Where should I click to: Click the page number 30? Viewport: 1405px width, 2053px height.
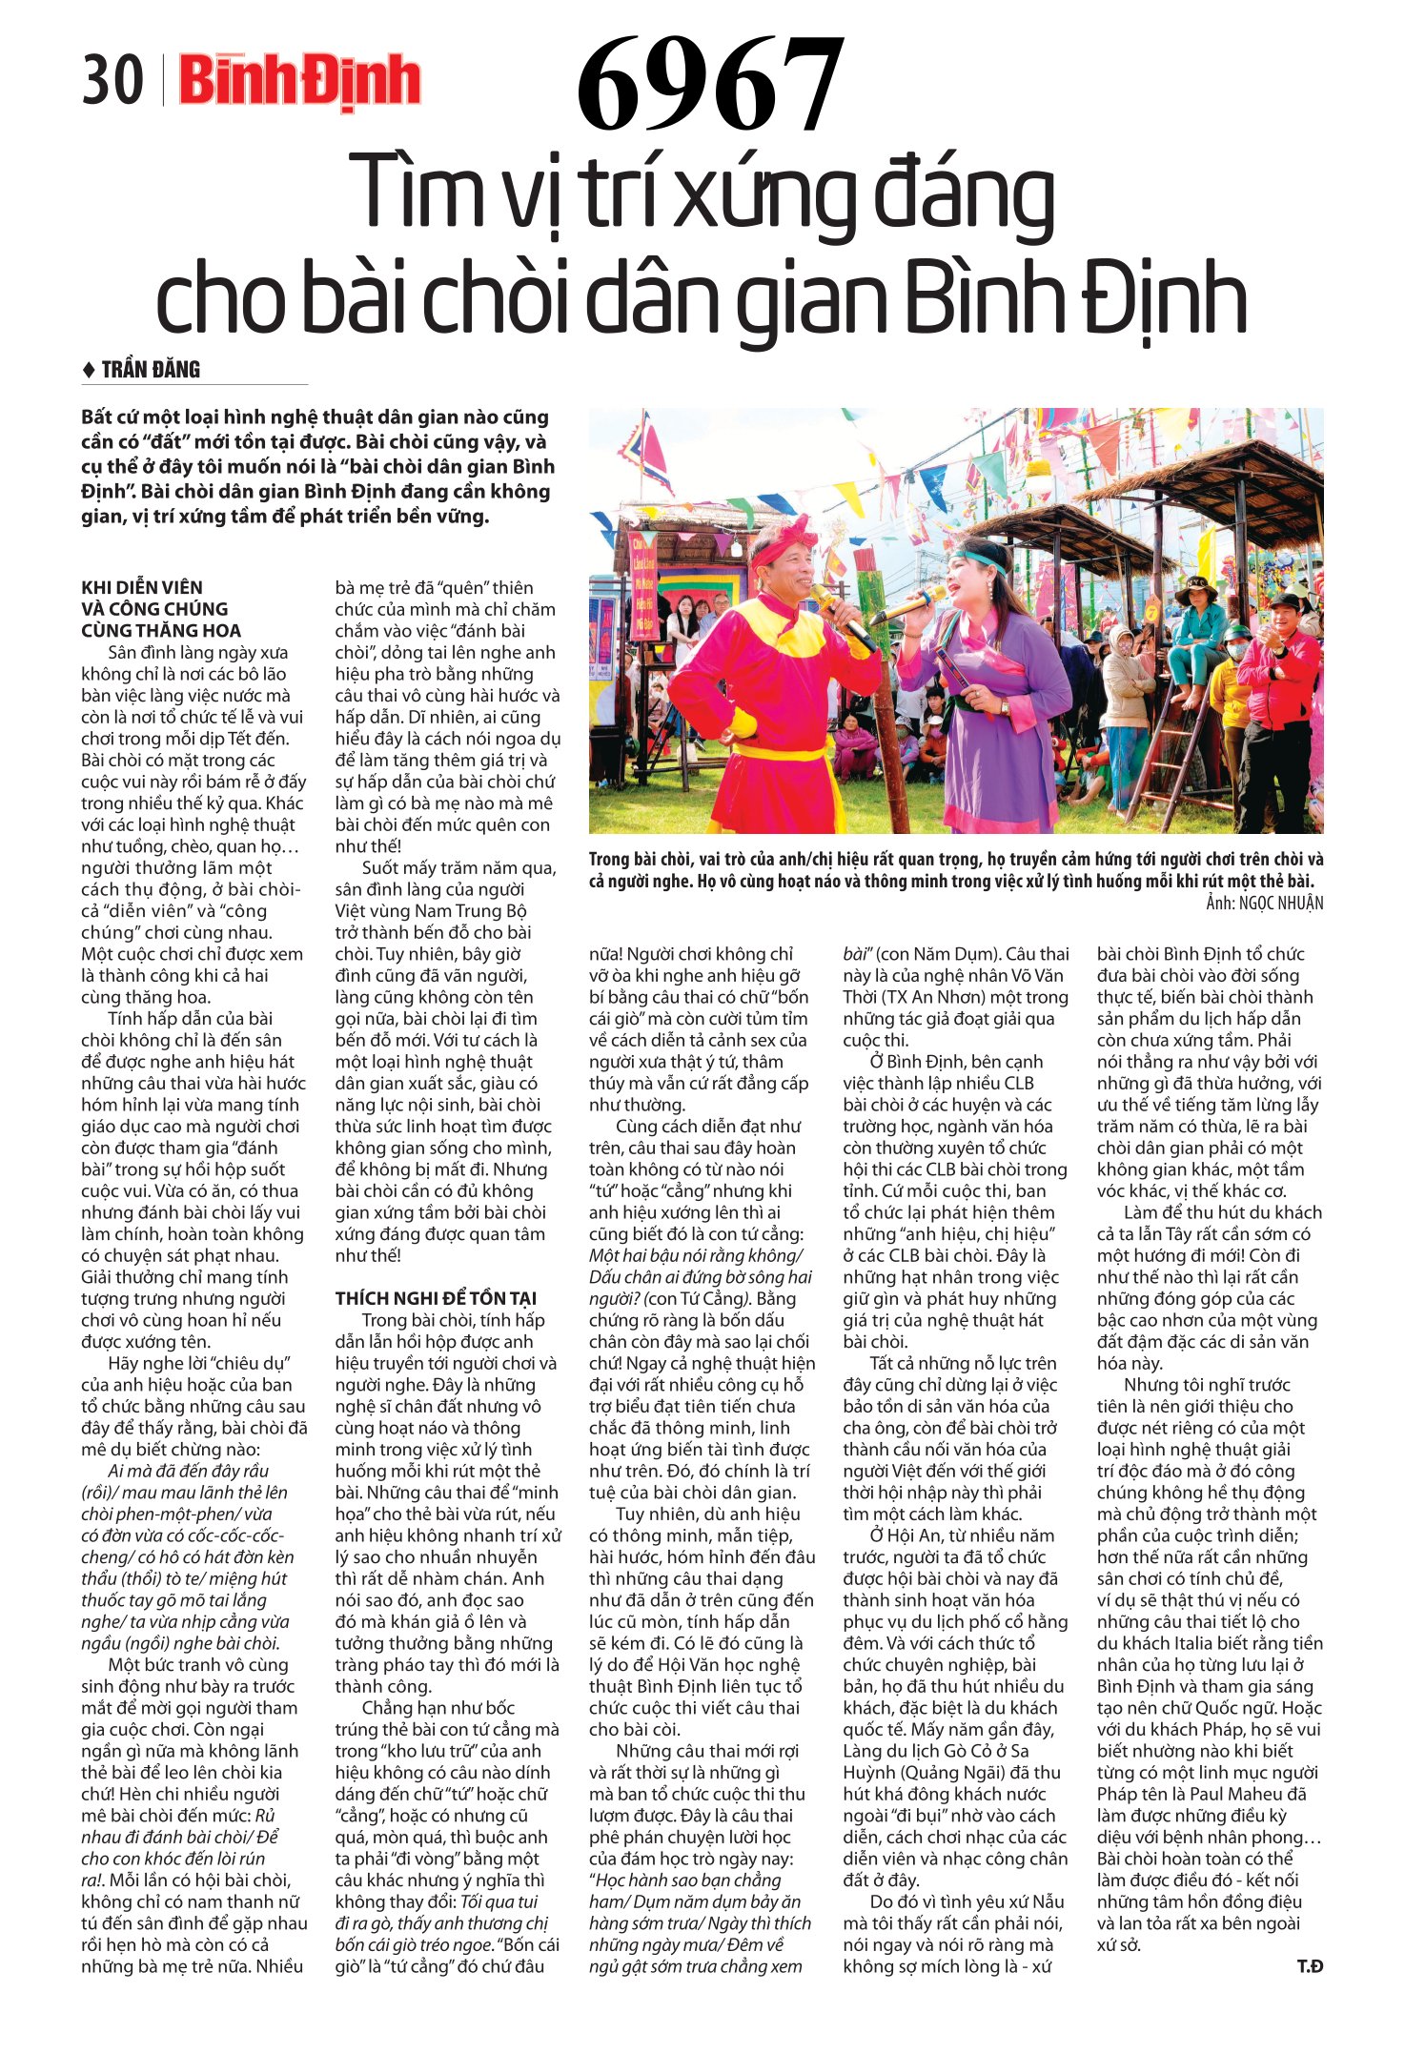click(112, 80)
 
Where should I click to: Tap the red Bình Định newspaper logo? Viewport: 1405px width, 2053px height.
click(299, 82)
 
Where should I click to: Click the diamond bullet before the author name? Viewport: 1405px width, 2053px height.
click(89, 370)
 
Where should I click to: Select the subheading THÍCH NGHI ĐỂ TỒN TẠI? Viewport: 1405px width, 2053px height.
click(436, 1298)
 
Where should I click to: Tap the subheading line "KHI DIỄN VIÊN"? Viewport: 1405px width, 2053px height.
click(142, 587)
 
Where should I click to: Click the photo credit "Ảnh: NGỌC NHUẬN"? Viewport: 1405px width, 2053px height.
click(1264, 903)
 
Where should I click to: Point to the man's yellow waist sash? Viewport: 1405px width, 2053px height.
click(782, 752)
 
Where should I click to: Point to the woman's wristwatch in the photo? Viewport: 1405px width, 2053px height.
click(1002, 707)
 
